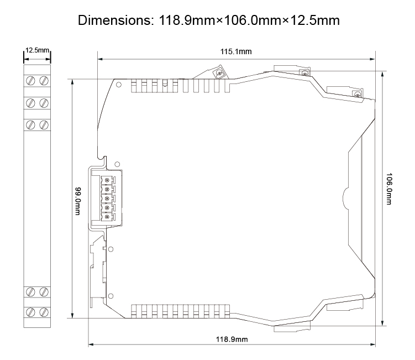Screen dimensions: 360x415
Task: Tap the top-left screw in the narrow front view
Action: point(32,81)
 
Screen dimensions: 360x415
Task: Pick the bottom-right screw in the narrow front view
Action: point(44,311)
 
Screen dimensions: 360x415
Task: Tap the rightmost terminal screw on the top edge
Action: point(357,96)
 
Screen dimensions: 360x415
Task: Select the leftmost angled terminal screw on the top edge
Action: point(219,74)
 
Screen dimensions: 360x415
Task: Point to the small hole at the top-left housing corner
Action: point(118,84)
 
